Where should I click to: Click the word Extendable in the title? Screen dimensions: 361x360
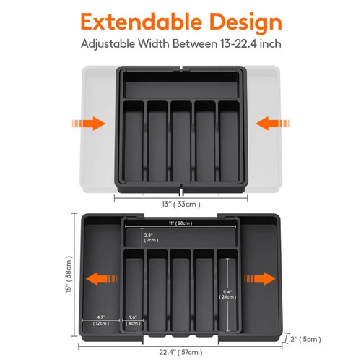coord(142,22)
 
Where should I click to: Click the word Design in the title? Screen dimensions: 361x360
coord(245,23)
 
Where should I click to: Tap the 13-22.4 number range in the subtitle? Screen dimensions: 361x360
coord(238,43)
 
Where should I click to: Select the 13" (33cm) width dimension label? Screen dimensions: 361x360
coord(181,205)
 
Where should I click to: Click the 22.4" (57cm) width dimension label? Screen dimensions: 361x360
coord(180,352)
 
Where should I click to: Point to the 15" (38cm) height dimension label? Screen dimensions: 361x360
coord(69,275)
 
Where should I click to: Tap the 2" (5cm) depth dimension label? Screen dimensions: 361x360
coord(305,339)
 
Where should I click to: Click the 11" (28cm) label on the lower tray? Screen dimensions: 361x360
coord(180,223)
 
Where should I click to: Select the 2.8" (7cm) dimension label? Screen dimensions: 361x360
coord(151,238)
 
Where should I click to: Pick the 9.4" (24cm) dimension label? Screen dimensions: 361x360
coord(227,294)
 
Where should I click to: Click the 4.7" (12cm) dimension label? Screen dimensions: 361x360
coord(101,320)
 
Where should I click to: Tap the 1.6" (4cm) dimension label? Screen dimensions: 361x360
coord(133,320)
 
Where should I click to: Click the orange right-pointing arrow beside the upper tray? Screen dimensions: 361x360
coord(89,124)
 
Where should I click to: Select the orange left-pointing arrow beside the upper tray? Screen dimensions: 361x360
coord(272,124)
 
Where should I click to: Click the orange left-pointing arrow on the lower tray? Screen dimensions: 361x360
coord(102,279)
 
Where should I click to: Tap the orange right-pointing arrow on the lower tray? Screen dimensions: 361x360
coord(260,278)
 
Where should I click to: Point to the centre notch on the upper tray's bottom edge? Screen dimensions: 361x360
coord(181,189)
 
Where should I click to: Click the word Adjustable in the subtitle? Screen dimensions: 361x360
coord(108,44)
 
